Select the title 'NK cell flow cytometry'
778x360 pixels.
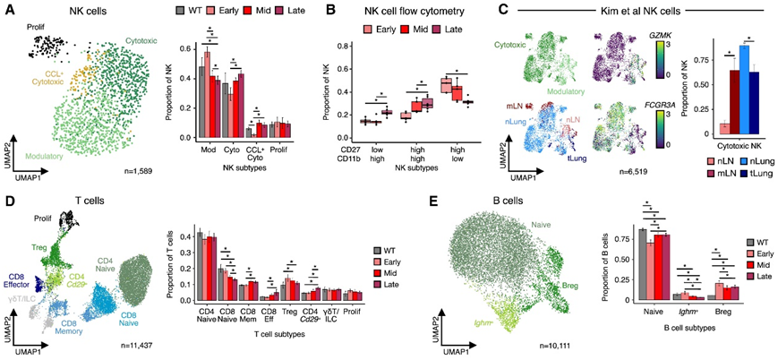(x=379, y=10)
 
